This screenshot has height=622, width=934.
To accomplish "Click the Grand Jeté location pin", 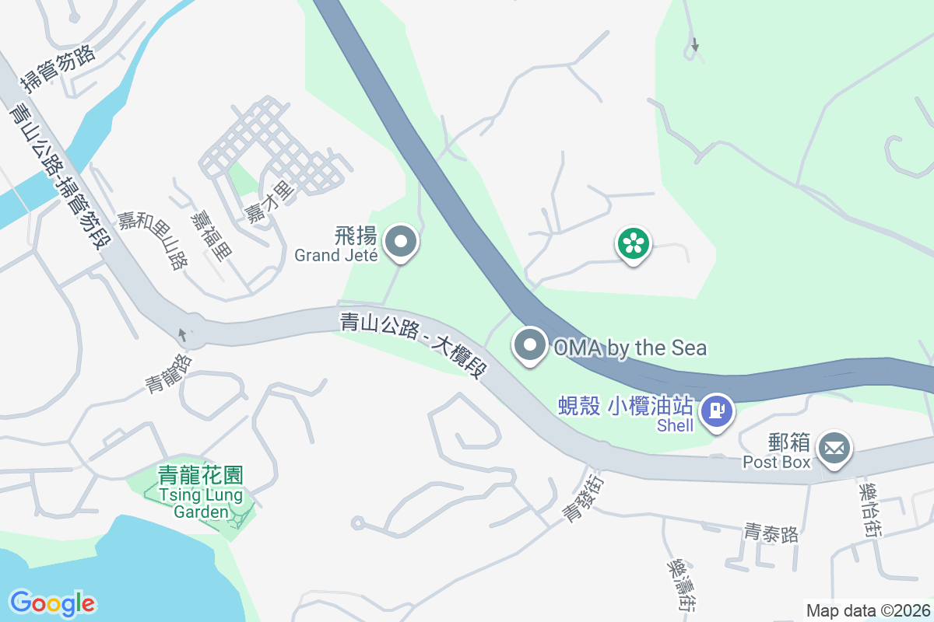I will (401, 241).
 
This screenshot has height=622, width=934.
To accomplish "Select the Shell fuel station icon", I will (717, 410).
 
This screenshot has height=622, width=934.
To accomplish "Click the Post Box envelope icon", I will (834, 449).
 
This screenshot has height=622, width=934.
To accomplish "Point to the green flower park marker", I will (634, 244).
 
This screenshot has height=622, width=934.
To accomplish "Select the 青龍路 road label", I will (168, 373).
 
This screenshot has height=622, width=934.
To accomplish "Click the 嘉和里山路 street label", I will (153, 240).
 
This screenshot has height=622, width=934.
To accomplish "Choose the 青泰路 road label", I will (771, 533).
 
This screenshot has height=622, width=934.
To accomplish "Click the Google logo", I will (52, 603).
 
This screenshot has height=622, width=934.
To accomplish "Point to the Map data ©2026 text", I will (868, 610).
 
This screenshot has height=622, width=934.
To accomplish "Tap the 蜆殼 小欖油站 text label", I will (625, 405).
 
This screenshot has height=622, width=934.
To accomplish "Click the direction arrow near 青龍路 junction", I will (183, 334).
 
